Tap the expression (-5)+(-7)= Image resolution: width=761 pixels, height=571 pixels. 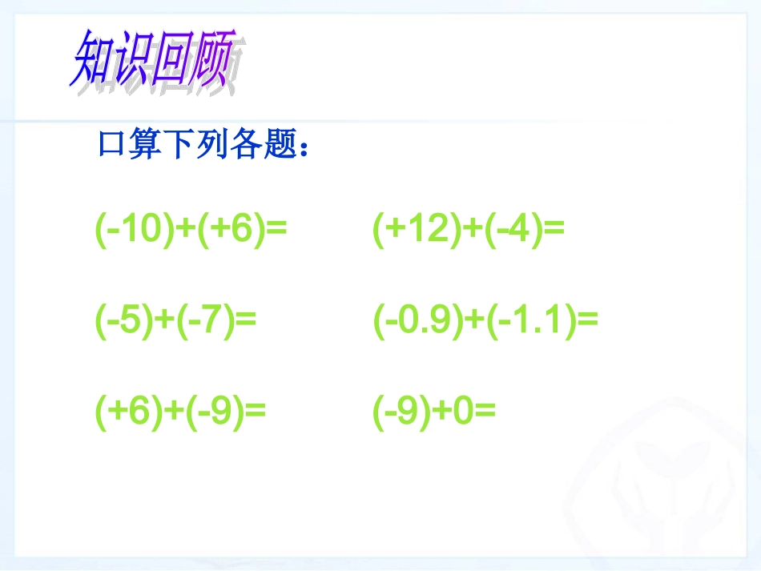tap(175, 322)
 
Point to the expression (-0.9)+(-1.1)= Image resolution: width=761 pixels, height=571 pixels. tap(485, 322)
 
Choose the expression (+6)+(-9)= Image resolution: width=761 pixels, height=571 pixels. tap(180, 412)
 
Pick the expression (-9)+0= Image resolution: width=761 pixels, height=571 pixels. tap(435, 412)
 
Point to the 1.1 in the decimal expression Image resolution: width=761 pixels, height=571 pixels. tap(539, 322)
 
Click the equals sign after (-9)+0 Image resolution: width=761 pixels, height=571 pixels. tap(485, 412)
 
